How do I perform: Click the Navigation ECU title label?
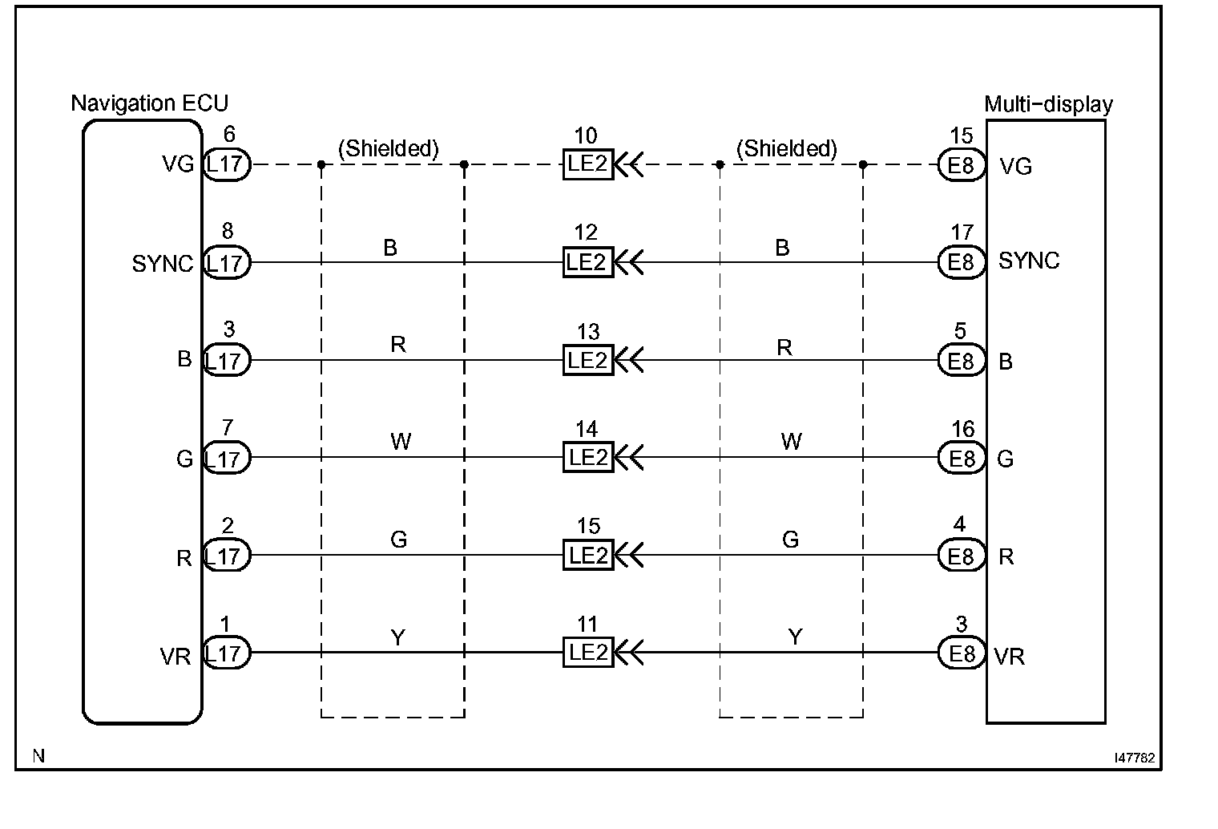click(149, 103)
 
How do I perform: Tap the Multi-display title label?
click(1048, 104)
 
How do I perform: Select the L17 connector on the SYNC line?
click(227, 263)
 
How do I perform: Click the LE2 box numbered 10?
click(588, 165)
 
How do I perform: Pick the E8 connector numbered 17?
click(961, 262)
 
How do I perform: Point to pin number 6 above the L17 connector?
click(230, 135)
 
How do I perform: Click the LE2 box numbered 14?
click(588, 458)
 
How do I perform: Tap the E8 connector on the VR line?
click(961, 653)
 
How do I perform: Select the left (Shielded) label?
click(389, 148)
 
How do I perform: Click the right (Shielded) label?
click(786, 148)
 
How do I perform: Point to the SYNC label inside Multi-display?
click(1029, 261)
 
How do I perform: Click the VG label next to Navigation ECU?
click(177, 165)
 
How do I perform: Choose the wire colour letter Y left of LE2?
click(397, 637)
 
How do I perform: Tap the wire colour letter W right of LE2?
click(791, 442)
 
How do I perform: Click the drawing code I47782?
click(1133, 757)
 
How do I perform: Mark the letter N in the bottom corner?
click(38, 755)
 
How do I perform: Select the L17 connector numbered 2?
click(227, 555)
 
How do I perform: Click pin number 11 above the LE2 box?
click(587, 625)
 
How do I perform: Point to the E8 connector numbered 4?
click(961, 555)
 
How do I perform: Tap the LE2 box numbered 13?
click(588, 361)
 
